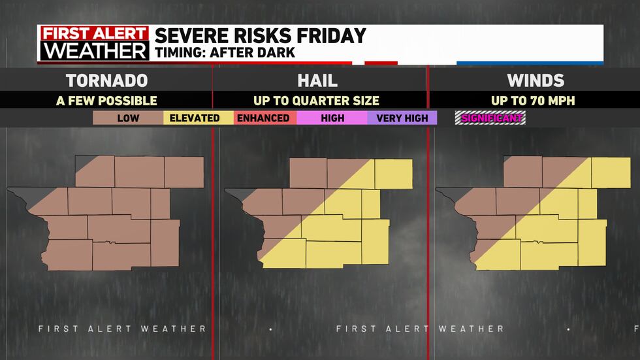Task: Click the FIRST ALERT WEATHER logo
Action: coord(93,43)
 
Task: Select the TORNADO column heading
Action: coord(106,80)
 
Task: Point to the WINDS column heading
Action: coord(536,80)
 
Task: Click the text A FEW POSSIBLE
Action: coord(106,101)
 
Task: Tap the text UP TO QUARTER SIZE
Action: coord(317,101)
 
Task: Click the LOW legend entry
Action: coord(129,118)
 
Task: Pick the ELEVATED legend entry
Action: coord(195,118)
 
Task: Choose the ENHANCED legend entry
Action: coord(263,118)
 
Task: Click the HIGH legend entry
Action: coord(332,118)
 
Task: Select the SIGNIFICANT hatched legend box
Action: coord(490,118)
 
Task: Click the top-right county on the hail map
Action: coord(394,172)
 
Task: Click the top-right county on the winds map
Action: coord(611,172)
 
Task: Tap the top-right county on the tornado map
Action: coord(184,172)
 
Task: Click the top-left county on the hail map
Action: coord(308,172)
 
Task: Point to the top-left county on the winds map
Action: coord(522,172)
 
